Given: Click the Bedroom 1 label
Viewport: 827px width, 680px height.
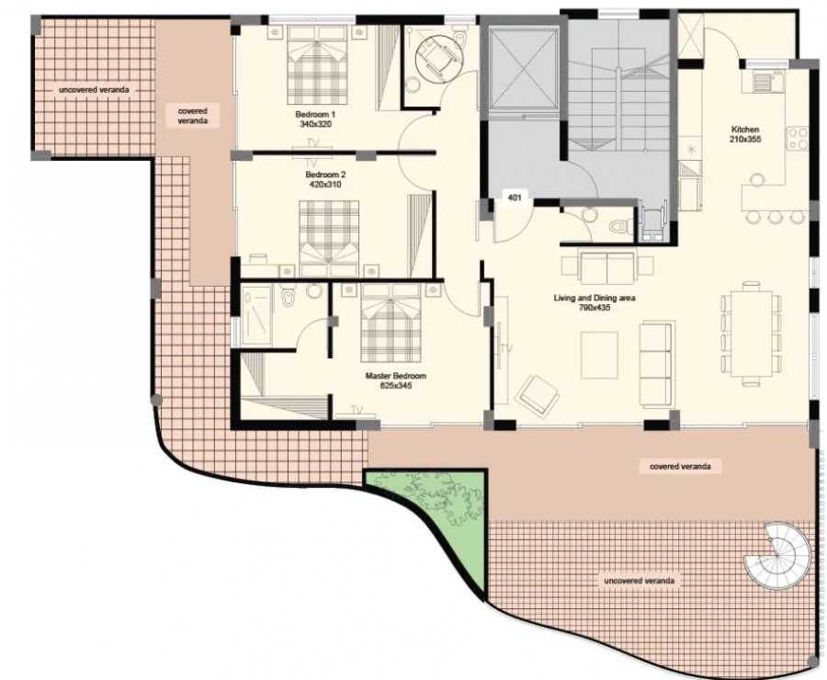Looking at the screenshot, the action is click(x=315, y=114).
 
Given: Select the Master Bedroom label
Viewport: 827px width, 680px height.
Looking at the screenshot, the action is click(x=395, y=376).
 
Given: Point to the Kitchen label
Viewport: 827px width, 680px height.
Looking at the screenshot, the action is click(x=745, y=130).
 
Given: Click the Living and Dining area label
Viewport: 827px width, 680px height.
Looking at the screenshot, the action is click(x=595, y=298).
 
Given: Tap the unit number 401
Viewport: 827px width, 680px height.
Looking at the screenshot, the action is click(x=515, y=198).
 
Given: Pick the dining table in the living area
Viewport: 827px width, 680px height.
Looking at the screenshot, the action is click(x=751, y=334).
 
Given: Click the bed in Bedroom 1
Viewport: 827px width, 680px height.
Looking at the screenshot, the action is click(x=318, y=65).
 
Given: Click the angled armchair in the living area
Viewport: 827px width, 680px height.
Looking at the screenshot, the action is click(x=538, y=395).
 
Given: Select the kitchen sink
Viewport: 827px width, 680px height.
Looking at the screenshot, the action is click(x=763, y=82).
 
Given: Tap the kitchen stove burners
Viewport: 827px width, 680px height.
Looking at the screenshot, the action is click(x=797, y=138).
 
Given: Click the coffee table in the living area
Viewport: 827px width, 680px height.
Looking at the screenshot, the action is click(x=599, y=355).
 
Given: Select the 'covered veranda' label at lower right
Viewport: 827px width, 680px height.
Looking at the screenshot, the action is click(x=680, y=466).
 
